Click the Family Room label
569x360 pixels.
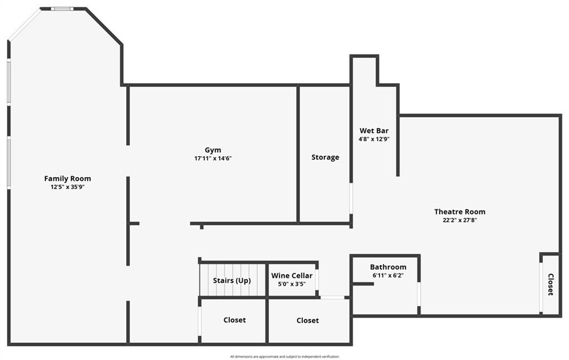(67, 178)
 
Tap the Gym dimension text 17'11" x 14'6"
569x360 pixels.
(213, 158)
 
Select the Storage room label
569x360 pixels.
(325, 157)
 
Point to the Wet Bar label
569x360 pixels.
(374, 131)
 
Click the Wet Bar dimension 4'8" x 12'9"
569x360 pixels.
(374, 139)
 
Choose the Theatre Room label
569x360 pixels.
(460, 212)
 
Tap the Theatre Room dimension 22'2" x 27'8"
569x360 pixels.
(460, 220)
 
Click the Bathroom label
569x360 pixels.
(388, 267)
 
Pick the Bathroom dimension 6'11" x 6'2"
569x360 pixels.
(388, 276)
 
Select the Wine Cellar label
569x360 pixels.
(292, 276)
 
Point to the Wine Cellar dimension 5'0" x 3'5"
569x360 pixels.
(292, 284)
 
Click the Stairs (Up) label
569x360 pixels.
(232, 281)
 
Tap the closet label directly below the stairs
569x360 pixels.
(234, 320)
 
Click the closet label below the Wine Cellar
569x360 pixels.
(308, 321)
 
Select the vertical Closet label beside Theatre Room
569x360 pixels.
(551, 284)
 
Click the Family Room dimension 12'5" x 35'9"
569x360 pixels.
(67, 187)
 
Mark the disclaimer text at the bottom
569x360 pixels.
(284, 357)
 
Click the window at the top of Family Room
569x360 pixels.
(62, 9)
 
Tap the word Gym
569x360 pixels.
(213, 150)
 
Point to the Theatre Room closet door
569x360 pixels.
(541, 287)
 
